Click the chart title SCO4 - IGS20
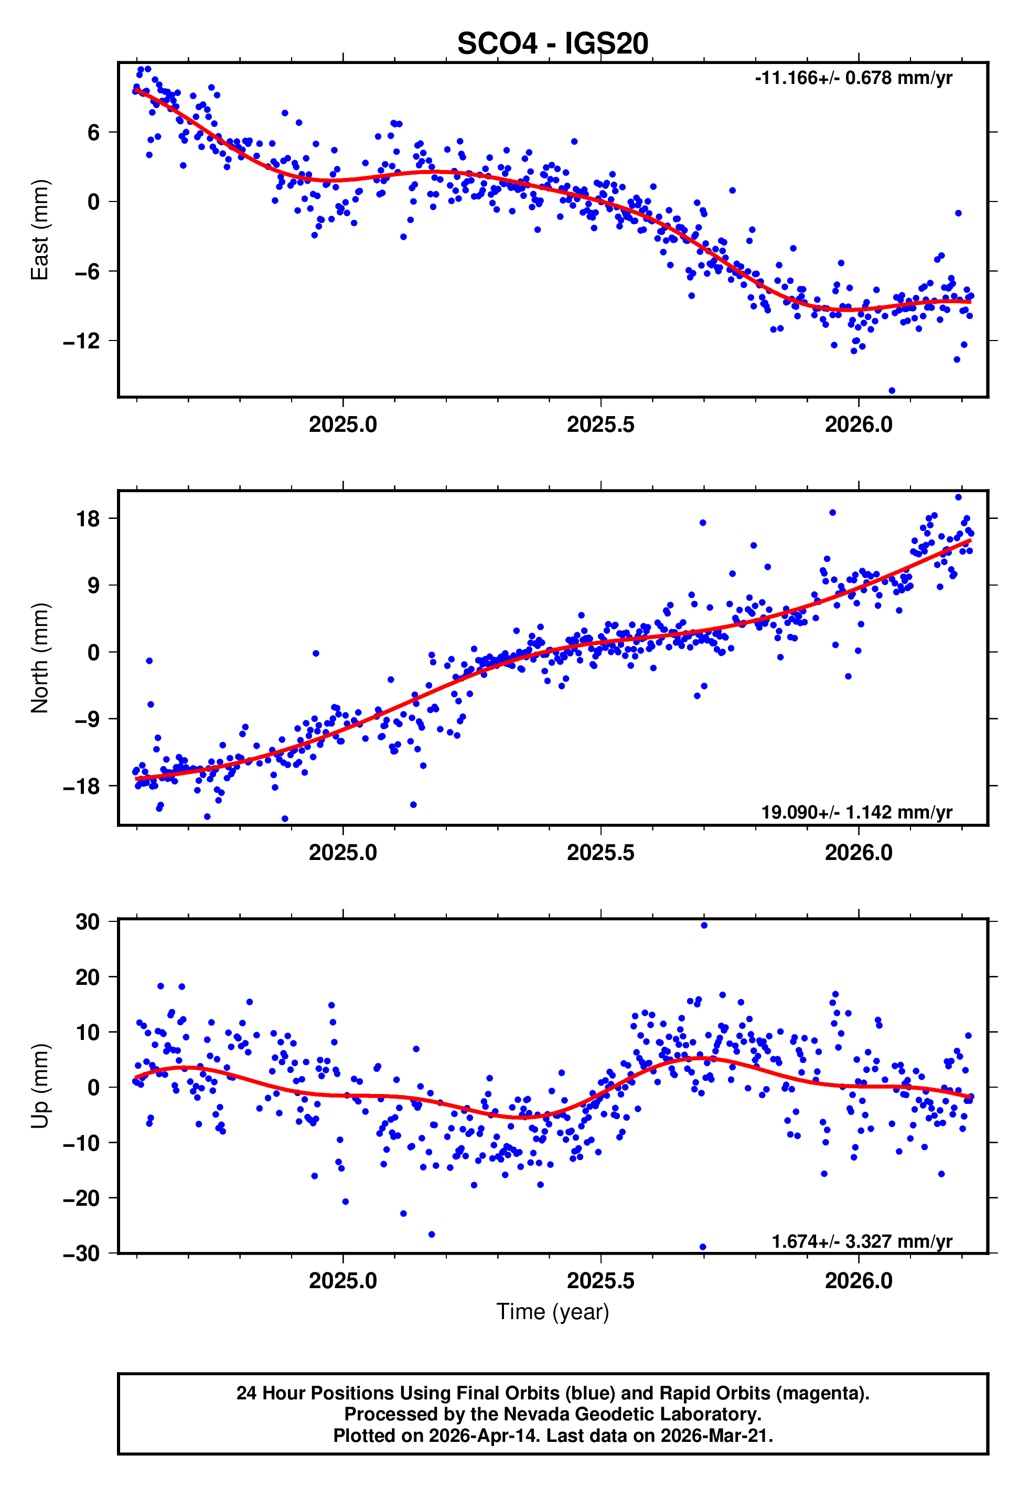tap(553, 44)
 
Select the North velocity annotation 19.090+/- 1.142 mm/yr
tap(856, 812)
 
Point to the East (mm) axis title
tap(39, 230)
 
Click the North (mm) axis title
tap(39, 658)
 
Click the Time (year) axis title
tap(553, 1312)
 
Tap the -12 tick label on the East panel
tap(81, 341)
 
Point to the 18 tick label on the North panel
tap(88, 518)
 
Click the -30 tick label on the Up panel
tap(81, 1254)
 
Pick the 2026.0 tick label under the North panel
tap(858, 853)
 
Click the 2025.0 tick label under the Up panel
tap(342, 1281)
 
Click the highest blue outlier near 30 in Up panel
tap(704, 926)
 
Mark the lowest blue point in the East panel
tap(892, 391)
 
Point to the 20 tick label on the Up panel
tap(88, 977)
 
